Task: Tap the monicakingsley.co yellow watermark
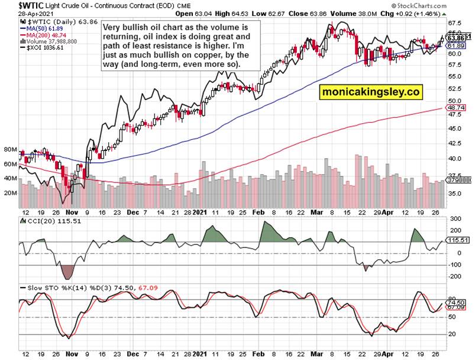point(371,92)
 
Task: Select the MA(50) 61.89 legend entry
point(40,28)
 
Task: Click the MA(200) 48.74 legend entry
point(41,35)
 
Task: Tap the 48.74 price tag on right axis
point(455,108)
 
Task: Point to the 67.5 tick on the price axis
point(454,23)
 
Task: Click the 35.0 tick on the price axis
point(454,194)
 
